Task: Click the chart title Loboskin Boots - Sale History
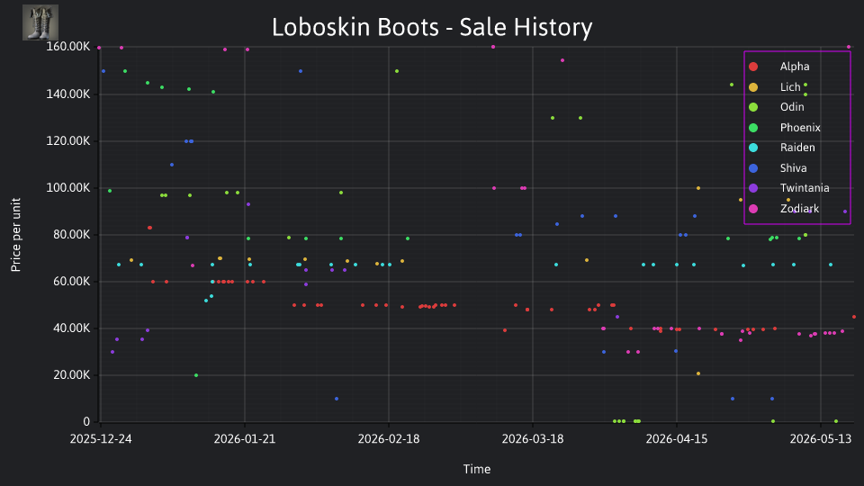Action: [432, 27]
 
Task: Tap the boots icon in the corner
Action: [40, 22]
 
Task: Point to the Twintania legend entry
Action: [789, 188]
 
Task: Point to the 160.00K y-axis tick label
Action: [68, 47]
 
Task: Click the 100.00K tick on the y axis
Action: [68, 188]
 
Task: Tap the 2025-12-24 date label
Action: [101, 439]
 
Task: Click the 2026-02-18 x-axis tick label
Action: [389, 439]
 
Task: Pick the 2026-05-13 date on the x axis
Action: [821, 439]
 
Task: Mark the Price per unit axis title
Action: [15, 235]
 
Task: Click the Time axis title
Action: [477, 469]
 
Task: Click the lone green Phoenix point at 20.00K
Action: [196, 375]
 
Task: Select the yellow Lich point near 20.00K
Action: [698, 373]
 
